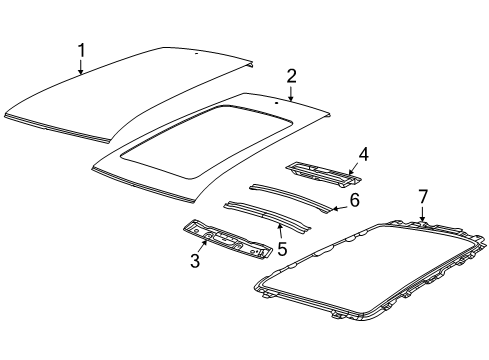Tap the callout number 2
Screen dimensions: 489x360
(x=291, y=76)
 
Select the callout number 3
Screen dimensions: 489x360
(x=196, y=262)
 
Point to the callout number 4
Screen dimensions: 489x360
(x=364, y=154)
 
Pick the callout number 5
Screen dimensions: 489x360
(x=282, y=248)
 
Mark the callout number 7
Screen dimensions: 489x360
(x=423, y=196)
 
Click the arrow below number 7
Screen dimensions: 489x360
(x=423, y=215)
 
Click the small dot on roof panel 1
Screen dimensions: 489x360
(x=197, y=52)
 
